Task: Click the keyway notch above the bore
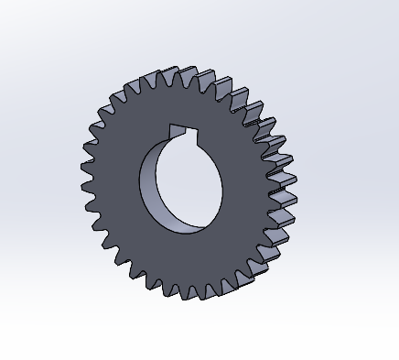(x=183, y=131)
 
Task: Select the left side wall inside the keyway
(x=169, y=132)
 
